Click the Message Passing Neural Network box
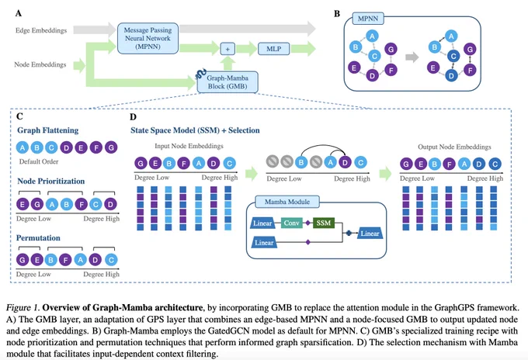click(148, 38)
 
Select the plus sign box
click(228, 49)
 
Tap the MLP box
click(274, 49)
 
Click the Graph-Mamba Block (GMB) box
click(228, 82)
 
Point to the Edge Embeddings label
click(41, 30)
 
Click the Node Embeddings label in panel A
click(40, 64)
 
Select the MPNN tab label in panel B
click(368, 19)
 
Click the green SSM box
click(324, 223)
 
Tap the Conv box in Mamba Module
click(292, 223)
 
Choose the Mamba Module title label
click(287, 202)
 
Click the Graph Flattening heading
click(48, 130)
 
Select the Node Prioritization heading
click(50, 181)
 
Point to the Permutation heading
click(38, 238)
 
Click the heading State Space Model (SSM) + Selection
click(195, 130)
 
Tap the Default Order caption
click(39, 161)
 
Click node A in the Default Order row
click(23, 147)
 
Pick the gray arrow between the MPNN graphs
click(412, 57)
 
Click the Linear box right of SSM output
click(370, 234)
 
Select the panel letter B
click(337, 14)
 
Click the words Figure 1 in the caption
click(23, 307)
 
